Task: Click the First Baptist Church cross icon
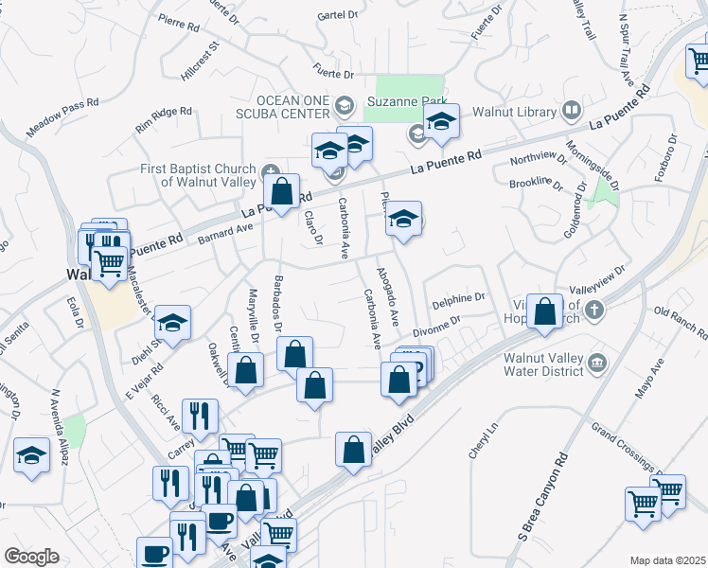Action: pyautogui.click(x=272, y=170)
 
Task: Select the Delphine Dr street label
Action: pyautogui.click(x=458, y=299)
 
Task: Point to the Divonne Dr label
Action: pyautogui.click(x=436, y=326)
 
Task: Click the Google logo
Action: pyautogui.click(x=31, y=557)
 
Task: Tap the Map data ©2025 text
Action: pyautogui.click(x=668, y=560)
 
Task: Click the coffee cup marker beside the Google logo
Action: pyautogui.click(x=154, y=553)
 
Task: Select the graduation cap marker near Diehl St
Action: pyautogui.click(x=172, y=323)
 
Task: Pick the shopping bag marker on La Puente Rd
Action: pyautogui.click(x=282, y=192)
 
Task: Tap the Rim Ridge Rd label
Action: pyautogui.click(x=163, y=117)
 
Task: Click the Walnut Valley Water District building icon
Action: pyautogui.click(x=597, y=361)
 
